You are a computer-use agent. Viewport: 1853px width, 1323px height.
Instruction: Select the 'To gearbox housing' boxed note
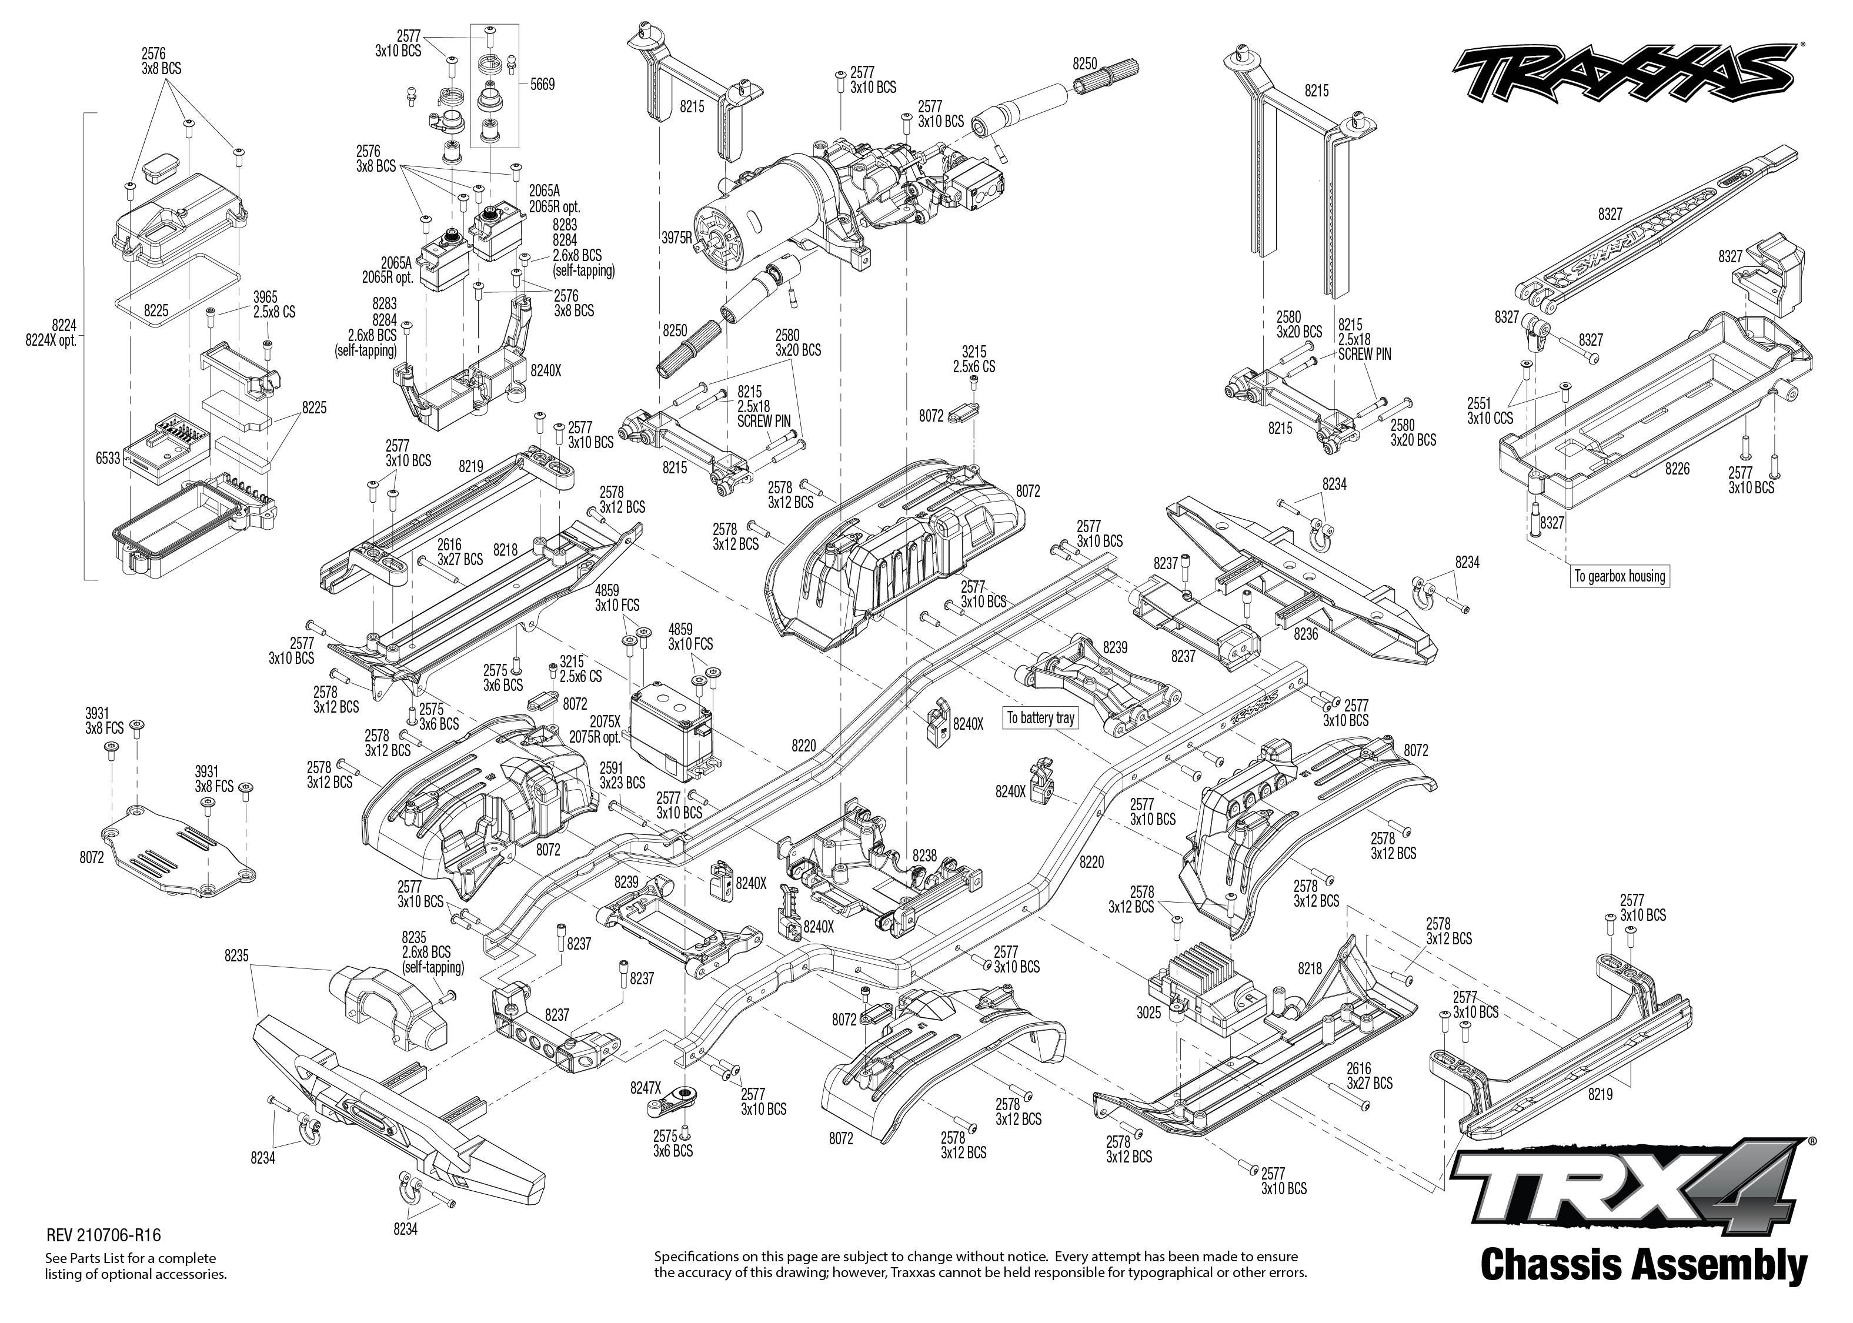(1619, 576)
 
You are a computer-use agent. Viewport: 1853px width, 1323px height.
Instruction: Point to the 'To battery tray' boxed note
(1040, 718)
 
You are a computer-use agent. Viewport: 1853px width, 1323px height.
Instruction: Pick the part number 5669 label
(542, 84)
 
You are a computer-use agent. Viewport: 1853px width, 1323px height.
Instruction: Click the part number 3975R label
(676, 239)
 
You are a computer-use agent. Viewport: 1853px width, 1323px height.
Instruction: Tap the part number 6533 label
(108, 459)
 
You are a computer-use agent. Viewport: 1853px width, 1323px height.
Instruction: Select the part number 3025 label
(1148, 1014)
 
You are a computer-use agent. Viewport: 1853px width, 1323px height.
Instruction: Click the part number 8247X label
(645, 1087)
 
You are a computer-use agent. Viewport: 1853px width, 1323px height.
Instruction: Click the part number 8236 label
(1306, 634)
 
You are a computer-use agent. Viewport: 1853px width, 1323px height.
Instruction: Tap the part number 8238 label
(924, 856)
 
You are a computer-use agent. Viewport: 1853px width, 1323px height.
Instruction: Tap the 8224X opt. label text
(51, 340)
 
